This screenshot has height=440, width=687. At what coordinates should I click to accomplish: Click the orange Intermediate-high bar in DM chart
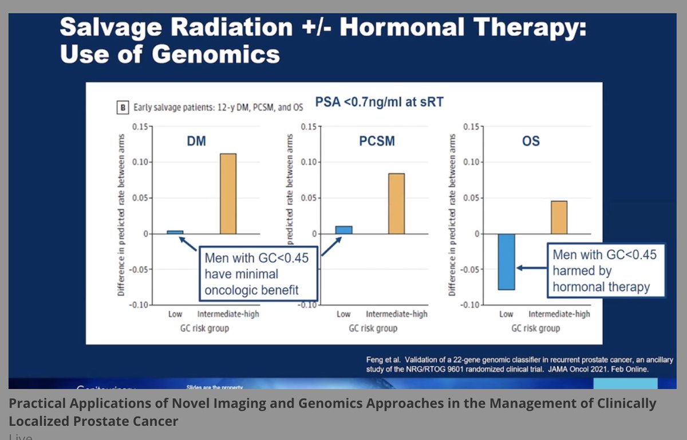228,194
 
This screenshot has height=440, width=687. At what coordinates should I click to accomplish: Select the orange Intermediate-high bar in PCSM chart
396,203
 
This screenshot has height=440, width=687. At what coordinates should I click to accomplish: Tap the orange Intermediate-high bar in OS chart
559,217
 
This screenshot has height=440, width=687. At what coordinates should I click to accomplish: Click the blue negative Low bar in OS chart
507,262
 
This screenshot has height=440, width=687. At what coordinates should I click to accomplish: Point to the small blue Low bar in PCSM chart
344,230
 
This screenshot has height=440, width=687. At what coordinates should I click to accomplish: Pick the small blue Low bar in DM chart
175,232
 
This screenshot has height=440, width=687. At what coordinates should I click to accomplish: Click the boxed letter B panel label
123,108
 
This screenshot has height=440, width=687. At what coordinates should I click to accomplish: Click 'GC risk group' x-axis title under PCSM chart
373,328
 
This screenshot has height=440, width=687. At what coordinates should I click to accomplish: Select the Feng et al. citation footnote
519,364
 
